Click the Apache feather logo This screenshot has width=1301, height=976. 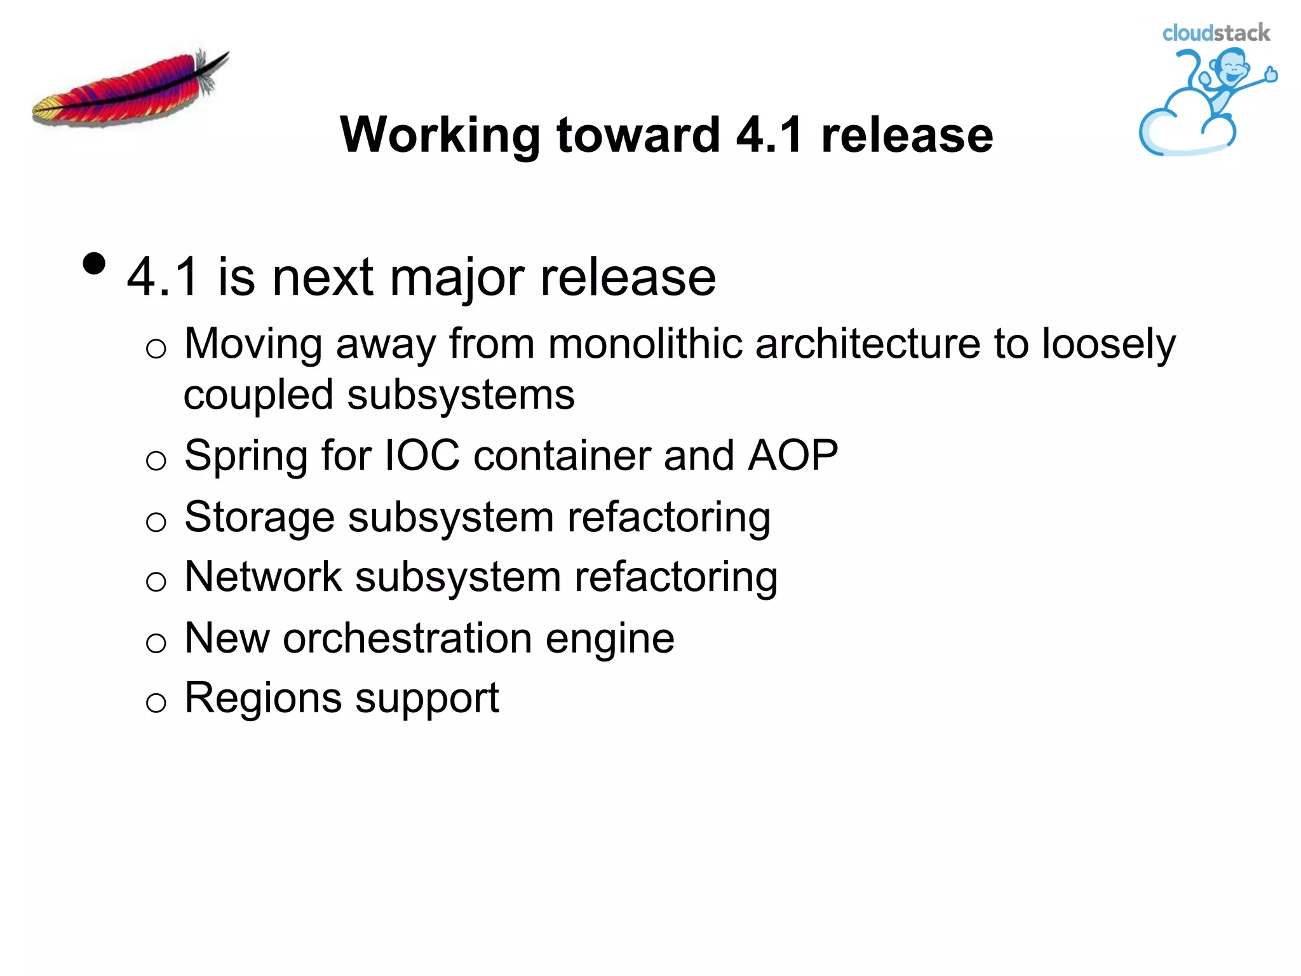(130, 89)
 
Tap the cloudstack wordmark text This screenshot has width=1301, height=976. (1215, 33)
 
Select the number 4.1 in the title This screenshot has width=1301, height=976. (769, 135)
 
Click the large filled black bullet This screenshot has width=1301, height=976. (94, 264)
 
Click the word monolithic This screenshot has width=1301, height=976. (645, 344)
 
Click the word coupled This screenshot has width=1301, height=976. (258, 396)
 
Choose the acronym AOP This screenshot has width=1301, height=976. (793, 456)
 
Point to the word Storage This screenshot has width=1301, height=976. (259, 517)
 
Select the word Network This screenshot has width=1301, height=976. (263, 577)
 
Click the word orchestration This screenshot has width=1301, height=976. (407, 638)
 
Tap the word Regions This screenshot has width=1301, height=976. (262, 698)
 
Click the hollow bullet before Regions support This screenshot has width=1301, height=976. (156, 702)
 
